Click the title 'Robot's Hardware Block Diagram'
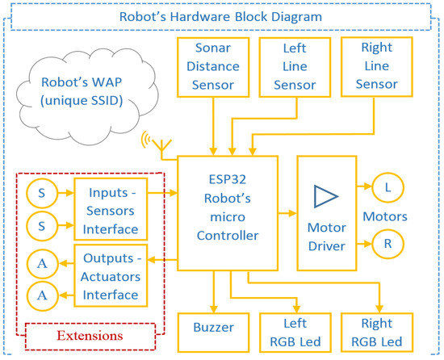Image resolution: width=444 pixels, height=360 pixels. [x=221, y=15]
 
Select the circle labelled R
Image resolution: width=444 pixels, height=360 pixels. [x=386, y=241]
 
